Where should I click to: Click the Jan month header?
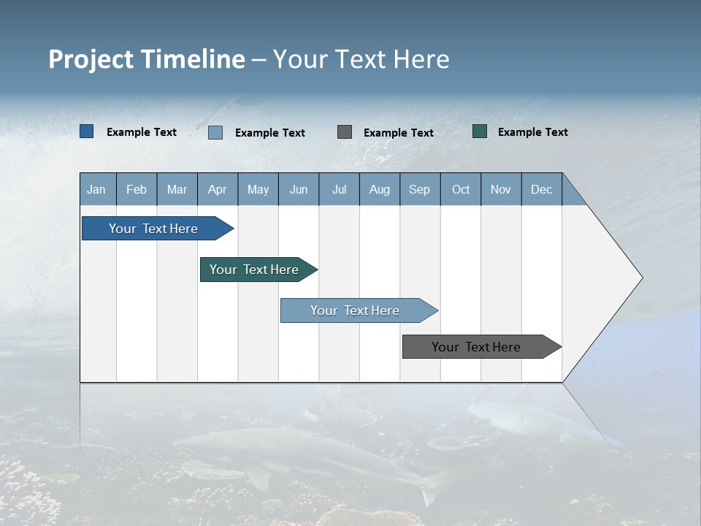tap(97, 189)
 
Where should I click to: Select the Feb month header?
tap(137, 189)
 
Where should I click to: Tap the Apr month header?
tap(218, 189)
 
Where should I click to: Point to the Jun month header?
tap(299, 189)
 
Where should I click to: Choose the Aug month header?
tap(380, 189)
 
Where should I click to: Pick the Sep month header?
tap(420, 189)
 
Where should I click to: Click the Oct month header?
tap(461, 189)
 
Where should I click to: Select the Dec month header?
tap(542, 189)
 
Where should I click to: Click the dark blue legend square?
tap(87, 131)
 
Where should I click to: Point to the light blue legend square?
tap(215, 132)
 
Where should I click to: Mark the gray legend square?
tap(345, 132)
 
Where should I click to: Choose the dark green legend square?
tap(480, 131)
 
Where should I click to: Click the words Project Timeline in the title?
tap(147, 59)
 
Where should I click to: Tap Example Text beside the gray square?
tap(399, 133)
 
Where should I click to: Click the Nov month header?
tap(501, 189)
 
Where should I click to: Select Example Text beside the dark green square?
tap(533, 132)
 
